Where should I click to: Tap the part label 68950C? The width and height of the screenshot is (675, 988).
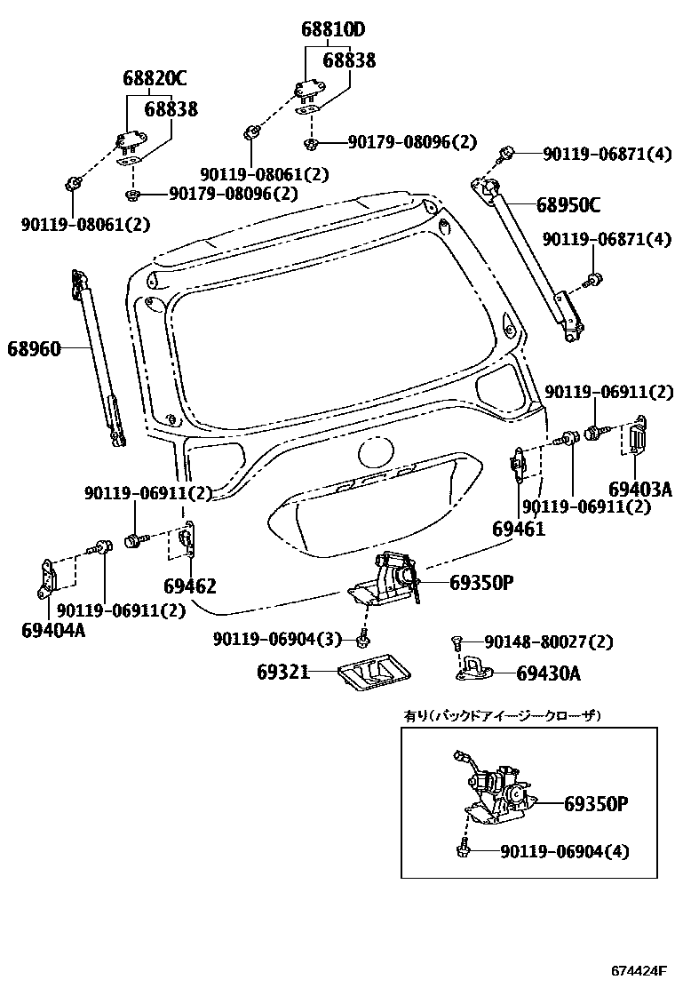point(568,205)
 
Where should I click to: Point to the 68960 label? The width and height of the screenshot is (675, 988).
point(36,349)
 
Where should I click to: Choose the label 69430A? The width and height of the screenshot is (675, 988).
point(548,673)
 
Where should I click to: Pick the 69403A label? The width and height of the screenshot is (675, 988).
point(639,489)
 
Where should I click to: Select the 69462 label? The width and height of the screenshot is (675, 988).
point(189,586)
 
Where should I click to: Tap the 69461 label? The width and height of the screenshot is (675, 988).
point(518,529)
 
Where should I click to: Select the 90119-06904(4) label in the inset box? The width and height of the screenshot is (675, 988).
point(564,851)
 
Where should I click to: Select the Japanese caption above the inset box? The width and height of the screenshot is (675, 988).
point(503,715)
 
